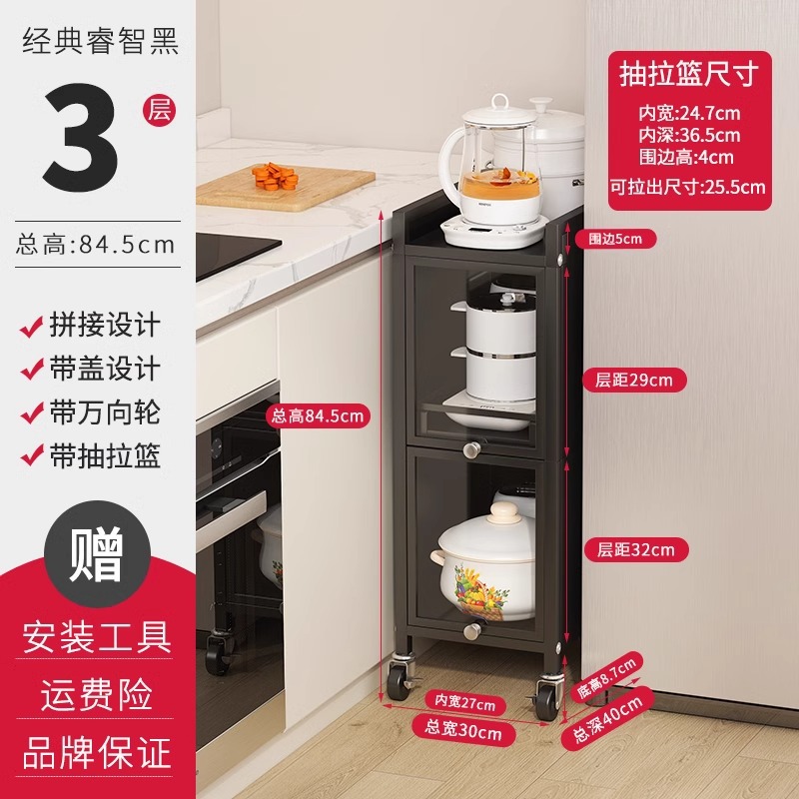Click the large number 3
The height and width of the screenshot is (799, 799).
point(81,137)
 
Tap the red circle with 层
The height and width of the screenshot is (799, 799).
point(159,110)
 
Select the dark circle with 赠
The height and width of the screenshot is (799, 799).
point(97,554)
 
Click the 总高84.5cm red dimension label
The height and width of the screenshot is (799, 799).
point(318,416)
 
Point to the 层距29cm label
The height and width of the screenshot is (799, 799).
point(634,381)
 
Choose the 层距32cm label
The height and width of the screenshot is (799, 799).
point(636,550)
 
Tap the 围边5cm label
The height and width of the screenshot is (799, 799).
point(615,239)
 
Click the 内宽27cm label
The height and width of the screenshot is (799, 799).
point(465,703)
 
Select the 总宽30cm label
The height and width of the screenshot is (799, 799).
point(463,730)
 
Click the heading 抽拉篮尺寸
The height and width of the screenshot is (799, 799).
point(689,74)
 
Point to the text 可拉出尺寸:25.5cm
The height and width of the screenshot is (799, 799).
point(688,187)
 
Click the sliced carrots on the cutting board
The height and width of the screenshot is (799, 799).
point(275,177)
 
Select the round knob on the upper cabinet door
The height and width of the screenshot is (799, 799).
point(471,449)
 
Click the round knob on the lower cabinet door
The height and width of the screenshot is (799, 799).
point(472,631)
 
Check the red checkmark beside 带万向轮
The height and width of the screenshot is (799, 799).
point(32,413)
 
